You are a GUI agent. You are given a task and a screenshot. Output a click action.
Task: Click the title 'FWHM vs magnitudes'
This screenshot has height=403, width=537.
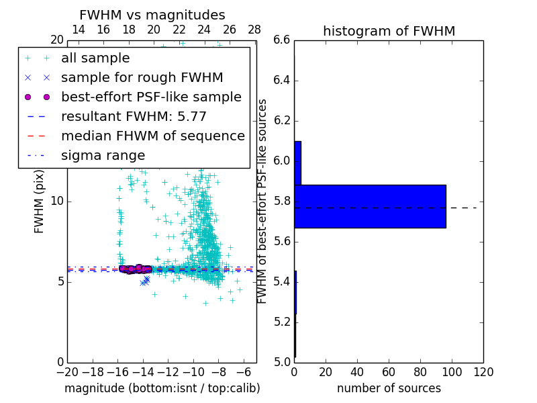152,15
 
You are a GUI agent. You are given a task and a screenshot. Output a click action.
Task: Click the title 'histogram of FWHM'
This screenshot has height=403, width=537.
389,31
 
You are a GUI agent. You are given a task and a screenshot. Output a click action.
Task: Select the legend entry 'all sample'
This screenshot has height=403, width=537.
95,58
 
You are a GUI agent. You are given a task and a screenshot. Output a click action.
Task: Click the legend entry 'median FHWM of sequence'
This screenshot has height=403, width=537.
152,136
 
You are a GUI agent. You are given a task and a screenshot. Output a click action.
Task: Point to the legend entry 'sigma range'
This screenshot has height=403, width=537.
103,156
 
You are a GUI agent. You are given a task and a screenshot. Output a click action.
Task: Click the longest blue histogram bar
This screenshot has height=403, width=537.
370,206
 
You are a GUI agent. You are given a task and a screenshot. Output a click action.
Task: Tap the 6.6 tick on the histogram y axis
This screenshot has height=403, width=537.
282,40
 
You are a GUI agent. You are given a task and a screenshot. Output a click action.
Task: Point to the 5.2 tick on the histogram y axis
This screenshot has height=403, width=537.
282,322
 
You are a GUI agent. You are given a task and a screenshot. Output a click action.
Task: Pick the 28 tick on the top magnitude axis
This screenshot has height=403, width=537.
254,30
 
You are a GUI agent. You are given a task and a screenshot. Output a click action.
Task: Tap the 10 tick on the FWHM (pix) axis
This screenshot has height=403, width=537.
57,201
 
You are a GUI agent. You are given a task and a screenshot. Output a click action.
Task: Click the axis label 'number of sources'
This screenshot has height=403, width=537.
389,388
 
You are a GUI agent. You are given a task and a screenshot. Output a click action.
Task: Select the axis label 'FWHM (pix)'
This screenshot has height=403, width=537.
40,201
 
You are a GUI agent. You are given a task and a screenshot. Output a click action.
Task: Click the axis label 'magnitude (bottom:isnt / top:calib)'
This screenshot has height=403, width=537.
162,388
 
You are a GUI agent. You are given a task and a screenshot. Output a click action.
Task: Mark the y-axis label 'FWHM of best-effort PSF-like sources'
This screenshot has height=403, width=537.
263,201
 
